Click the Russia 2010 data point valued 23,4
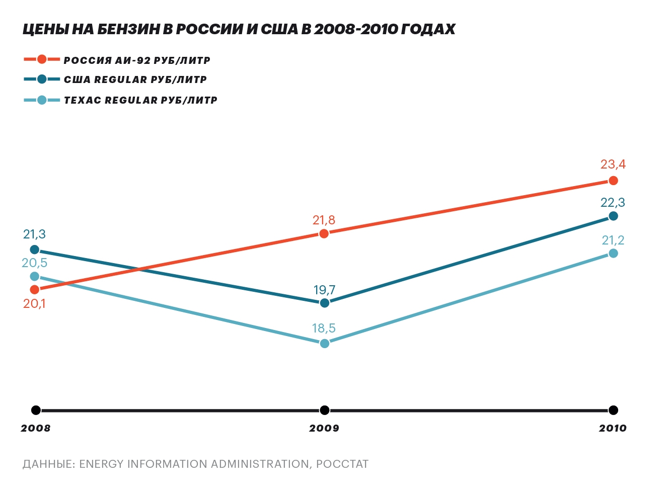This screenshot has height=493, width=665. (x=613, y=181)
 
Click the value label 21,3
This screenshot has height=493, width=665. (x=34, y=234)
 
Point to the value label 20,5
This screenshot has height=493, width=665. (x=34, y=263)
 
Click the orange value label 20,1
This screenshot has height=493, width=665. (x=34, y=304)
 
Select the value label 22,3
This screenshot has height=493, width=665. (x=613, y=203)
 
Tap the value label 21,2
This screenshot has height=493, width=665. (x=613, y=240)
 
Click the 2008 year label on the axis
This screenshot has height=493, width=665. (x=35, y=428)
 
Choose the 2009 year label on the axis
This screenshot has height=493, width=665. (x=324, y=428)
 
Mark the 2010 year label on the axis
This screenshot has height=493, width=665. (x=613, y=428)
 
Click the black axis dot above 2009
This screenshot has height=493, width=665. (x=325, y=410)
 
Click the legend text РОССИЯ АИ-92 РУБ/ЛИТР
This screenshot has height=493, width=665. (x=137, y=60)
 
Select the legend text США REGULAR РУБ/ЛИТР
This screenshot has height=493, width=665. (x=135, y=79)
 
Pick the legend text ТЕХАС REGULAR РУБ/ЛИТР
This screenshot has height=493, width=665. (x=140, y=100)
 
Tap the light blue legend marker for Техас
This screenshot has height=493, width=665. (x=42, y=100)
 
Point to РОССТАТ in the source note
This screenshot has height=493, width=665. (x=342, y=464)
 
